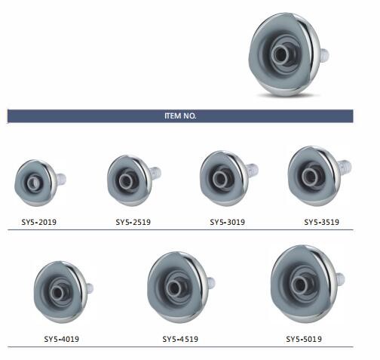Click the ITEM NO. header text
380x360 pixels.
(180, 116)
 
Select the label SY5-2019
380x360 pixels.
(39, 222)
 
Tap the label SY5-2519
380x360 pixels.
(133, 222)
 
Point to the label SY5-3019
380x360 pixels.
(228, 222)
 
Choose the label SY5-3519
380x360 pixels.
(322, 222)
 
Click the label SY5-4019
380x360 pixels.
(62, 339)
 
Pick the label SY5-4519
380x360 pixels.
(180, 339)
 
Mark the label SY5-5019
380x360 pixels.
(304, 339)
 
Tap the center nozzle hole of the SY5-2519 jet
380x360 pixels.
(125, 180)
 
